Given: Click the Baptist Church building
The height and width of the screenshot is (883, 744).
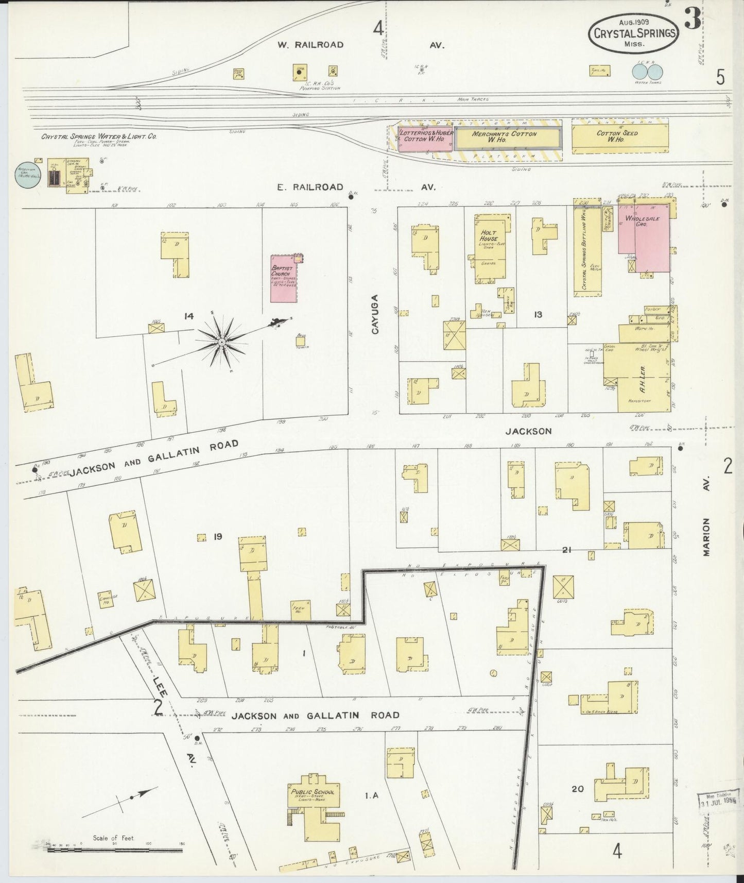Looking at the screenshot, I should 284,278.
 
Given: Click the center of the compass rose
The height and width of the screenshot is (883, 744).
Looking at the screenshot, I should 221,342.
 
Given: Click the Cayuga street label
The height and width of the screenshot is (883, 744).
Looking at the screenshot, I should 375,314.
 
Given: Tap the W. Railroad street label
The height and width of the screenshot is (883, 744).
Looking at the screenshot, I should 310,45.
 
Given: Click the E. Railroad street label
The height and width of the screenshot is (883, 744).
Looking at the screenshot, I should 310,187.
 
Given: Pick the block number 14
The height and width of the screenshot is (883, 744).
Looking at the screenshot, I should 189,316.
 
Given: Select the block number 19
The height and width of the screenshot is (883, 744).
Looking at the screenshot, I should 217,537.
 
